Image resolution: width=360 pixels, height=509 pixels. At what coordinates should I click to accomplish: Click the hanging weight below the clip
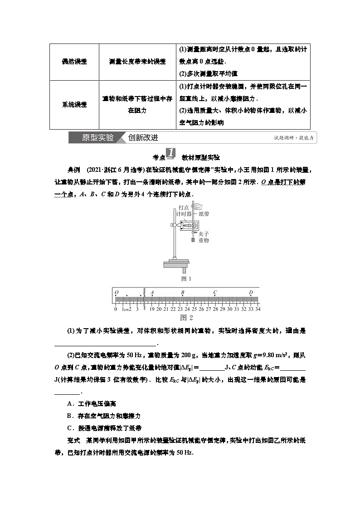point(194,240)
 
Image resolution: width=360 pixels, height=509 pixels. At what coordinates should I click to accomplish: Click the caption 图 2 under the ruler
point(186,317)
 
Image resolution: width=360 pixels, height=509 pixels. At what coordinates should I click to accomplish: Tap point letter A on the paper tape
point(152,292)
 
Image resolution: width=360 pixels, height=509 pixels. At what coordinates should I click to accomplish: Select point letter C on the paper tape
point(215,292)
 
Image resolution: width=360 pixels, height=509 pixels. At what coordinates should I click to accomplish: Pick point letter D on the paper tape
point(251,292)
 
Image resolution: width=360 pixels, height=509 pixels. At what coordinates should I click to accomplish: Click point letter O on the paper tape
point(117,292)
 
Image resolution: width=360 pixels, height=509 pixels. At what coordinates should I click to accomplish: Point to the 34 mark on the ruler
point(258,309)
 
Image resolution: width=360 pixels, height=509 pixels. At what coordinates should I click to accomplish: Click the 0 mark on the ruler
point(116,309)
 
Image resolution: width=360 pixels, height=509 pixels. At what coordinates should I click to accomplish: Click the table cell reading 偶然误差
point(74,62)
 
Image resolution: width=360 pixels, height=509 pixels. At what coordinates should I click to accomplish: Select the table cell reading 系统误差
point(74,104)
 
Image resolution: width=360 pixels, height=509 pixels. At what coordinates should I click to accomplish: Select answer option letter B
point(69,415)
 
